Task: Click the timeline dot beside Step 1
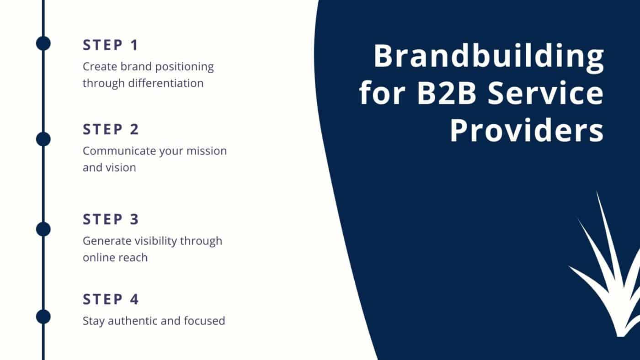[x=43, y=43]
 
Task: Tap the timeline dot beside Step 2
[x=43, y=139]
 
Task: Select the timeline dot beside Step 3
[x=43, y=229]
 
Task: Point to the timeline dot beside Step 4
[x=43, y=317]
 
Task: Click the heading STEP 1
[x=111, y=45]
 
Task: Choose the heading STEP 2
[x=111, y=129]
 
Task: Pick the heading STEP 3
[x=111, y=219]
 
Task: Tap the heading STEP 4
[x=111, y=299]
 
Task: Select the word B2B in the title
[x=447, y=93]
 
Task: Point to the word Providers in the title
[x=527, y=130]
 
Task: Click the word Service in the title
[x=545, y=93]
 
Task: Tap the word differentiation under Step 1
[x=165, y=83]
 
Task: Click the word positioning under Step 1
[x=184, y=67]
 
